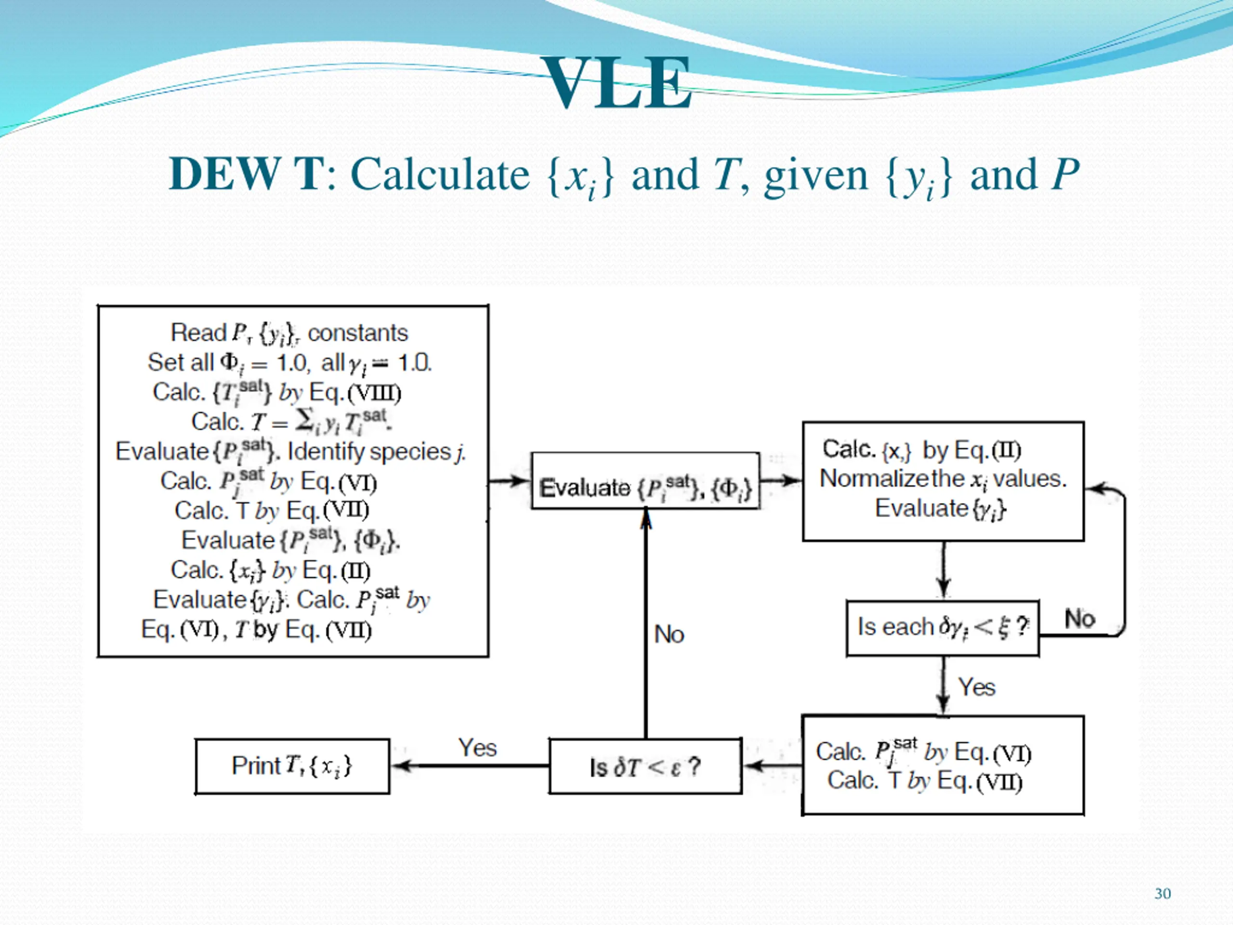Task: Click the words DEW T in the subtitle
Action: [x=247, y=174]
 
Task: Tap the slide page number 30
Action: [x=1162, y=894]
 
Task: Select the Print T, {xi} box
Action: [x=292, y=766]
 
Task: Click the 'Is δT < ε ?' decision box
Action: [x=645, y=766]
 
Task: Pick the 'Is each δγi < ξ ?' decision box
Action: [x=943, y=628]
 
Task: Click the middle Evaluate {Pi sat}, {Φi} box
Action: [x=645, y=481]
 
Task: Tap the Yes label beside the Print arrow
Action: [x=477, y=748]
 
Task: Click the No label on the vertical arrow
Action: [x=669, y=634]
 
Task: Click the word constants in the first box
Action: [x=358, y=333]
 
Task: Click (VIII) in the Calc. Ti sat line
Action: [x=375, y=393]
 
